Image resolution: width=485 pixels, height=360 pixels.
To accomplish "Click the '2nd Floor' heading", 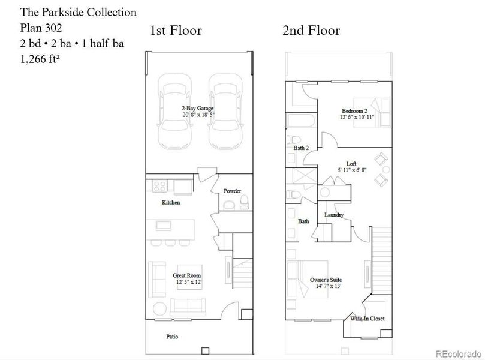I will coord(311,31).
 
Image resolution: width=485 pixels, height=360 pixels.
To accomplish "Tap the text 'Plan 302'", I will coord(41,28).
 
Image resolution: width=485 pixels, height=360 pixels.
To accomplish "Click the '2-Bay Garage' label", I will coord(197,108).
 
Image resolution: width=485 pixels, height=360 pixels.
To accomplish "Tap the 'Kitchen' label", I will coord(171,203).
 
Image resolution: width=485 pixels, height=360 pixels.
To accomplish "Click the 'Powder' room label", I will coord(232,191).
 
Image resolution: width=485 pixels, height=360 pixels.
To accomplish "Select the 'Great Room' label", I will coord(187,275).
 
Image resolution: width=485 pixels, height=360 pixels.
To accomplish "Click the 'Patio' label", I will coord(171,337).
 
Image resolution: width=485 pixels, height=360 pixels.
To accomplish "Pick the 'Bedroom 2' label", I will coord(354,111).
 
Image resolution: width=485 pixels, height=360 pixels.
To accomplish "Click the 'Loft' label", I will coord(351,163).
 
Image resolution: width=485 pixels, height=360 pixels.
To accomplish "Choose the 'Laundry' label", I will coord(333,215).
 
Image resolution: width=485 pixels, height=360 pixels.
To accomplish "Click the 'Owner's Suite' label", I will coord(326,280).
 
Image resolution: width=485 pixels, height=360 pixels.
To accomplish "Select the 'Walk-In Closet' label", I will coord(367,319).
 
